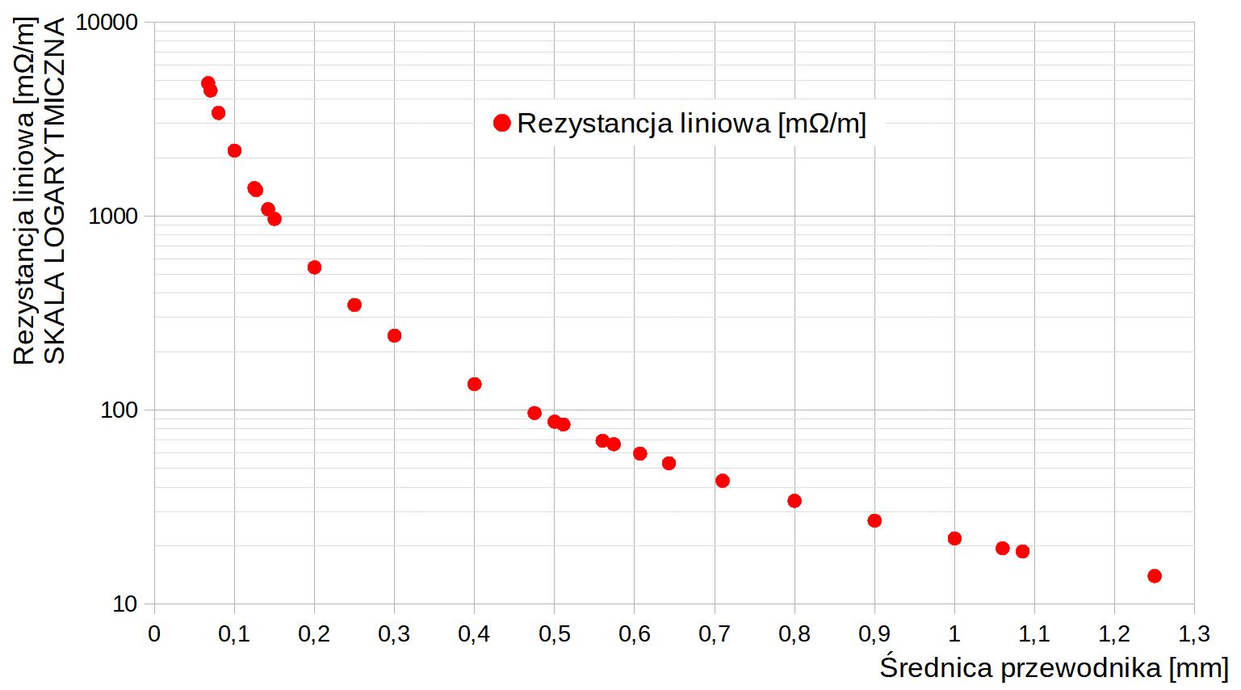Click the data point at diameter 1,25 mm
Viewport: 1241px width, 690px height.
click(x=1154, y=576)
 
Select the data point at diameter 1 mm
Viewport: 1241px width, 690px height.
click(x=954, y=538)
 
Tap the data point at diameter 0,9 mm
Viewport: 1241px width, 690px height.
click(x=874, y=520)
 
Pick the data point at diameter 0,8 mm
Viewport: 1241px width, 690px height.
click(x=794, y=501)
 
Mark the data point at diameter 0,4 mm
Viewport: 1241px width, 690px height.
click(x=475, y=384)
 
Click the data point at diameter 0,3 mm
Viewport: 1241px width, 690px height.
click(x=394, y=335)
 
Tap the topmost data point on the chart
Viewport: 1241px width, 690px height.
click(x=208, y=83)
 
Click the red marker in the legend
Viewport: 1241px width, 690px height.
click(x=501, y=123)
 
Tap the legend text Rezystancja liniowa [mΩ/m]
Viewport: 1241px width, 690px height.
click(x=691, y=123)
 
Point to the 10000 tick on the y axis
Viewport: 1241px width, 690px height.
click(x=107, y=22)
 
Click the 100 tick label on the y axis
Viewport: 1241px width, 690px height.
click(x=119, y=410)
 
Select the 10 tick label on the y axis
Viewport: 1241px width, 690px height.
click(x=124, y=604)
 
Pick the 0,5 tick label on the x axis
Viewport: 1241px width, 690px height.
click(x=554, y=633)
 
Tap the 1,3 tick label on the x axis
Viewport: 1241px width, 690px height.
click(x=1193, y=633)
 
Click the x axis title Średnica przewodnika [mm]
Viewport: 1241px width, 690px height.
click(x=1054, y=668)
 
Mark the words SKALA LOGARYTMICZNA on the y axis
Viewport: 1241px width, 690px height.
click(x=54, y=192)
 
